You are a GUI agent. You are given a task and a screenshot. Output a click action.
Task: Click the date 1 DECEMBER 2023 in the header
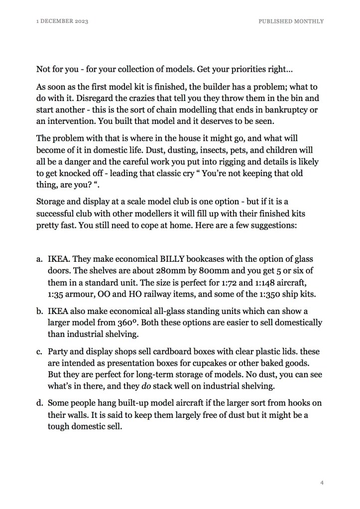[x=63, y=21]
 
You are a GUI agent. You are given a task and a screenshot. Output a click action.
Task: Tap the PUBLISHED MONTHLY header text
[x=291, y=21]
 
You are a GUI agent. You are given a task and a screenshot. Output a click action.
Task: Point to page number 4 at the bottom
[x=322, y=483]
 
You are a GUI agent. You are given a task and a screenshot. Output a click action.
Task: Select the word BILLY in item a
[x=173, y=260]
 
